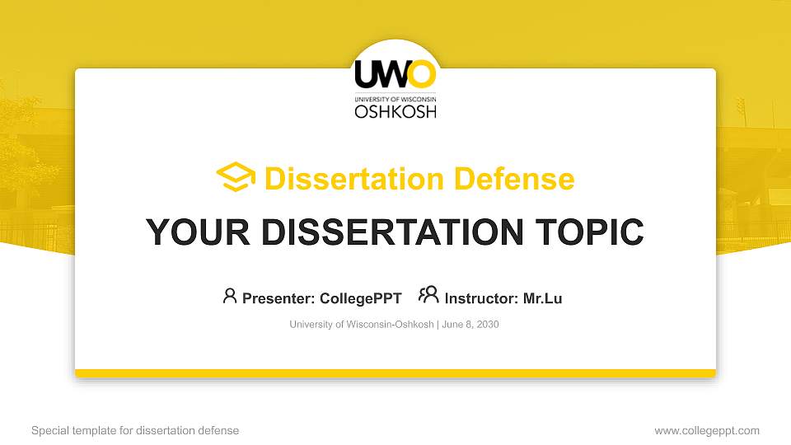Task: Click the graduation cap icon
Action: point(236,178)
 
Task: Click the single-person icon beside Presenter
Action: point(230,296)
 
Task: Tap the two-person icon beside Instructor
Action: point(428,295)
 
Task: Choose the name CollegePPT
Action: point(360,298)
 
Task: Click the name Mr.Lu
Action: point(542,298)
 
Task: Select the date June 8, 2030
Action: point(470,325)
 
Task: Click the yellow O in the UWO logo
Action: point(422,74)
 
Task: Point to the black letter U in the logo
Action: point(367,74)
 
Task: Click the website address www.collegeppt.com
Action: point(707,431)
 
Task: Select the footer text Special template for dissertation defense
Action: point(135,431)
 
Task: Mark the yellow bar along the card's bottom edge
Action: point(395,373)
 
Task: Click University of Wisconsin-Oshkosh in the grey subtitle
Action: point(362,325)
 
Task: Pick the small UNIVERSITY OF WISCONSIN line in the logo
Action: point(395,99)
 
